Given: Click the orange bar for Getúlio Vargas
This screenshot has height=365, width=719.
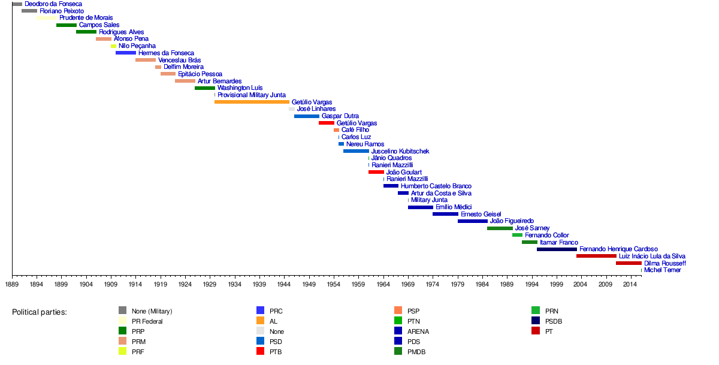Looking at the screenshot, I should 252,102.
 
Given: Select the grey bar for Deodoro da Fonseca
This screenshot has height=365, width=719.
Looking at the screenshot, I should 17,4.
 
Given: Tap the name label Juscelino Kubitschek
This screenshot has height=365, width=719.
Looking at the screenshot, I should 400,151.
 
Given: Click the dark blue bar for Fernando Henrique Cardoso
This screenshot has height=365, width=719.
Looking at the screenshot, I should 557,249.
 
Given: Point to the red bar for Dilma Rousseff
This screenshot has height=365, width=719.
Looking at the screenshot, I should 629,263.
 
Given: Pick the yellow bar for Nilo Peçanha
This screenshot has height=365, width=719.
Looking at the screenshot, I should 113,46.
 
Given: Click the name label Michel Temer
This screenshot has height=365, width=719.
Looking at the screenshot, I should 662,270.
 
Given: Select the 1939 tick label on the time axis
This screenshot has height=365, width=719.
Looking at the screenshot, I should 259,283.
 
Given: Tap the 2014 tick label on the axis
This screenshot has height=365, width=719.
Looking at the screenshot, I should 630,283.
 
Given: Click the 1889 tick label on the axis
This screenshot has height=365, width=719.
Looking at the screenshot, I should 12,283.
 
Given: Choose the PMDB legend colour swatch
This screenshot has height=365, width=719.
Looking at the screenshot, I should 398,351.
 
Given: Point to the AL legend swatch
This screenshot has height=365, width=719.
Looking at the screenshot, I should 260,321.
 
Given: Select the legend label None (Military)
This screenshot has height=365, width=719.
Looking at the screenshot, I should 152,311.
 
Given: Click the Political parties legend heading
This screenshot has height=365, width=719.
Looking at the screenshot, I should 40,312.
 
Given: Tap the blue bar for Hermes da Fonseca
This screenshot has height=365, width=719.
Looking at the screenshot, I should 126,53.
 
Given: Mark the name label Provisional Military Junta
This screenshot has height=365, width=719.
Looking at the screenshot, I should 251,95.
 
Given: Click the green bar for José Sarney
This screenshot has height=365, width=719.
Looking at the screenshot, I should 500,228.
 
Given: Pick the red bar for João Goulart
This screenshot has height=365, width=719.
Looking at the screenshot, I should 376,172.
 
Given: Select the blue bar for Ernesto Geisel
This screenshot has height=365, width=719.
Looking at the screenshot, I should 445,214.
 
